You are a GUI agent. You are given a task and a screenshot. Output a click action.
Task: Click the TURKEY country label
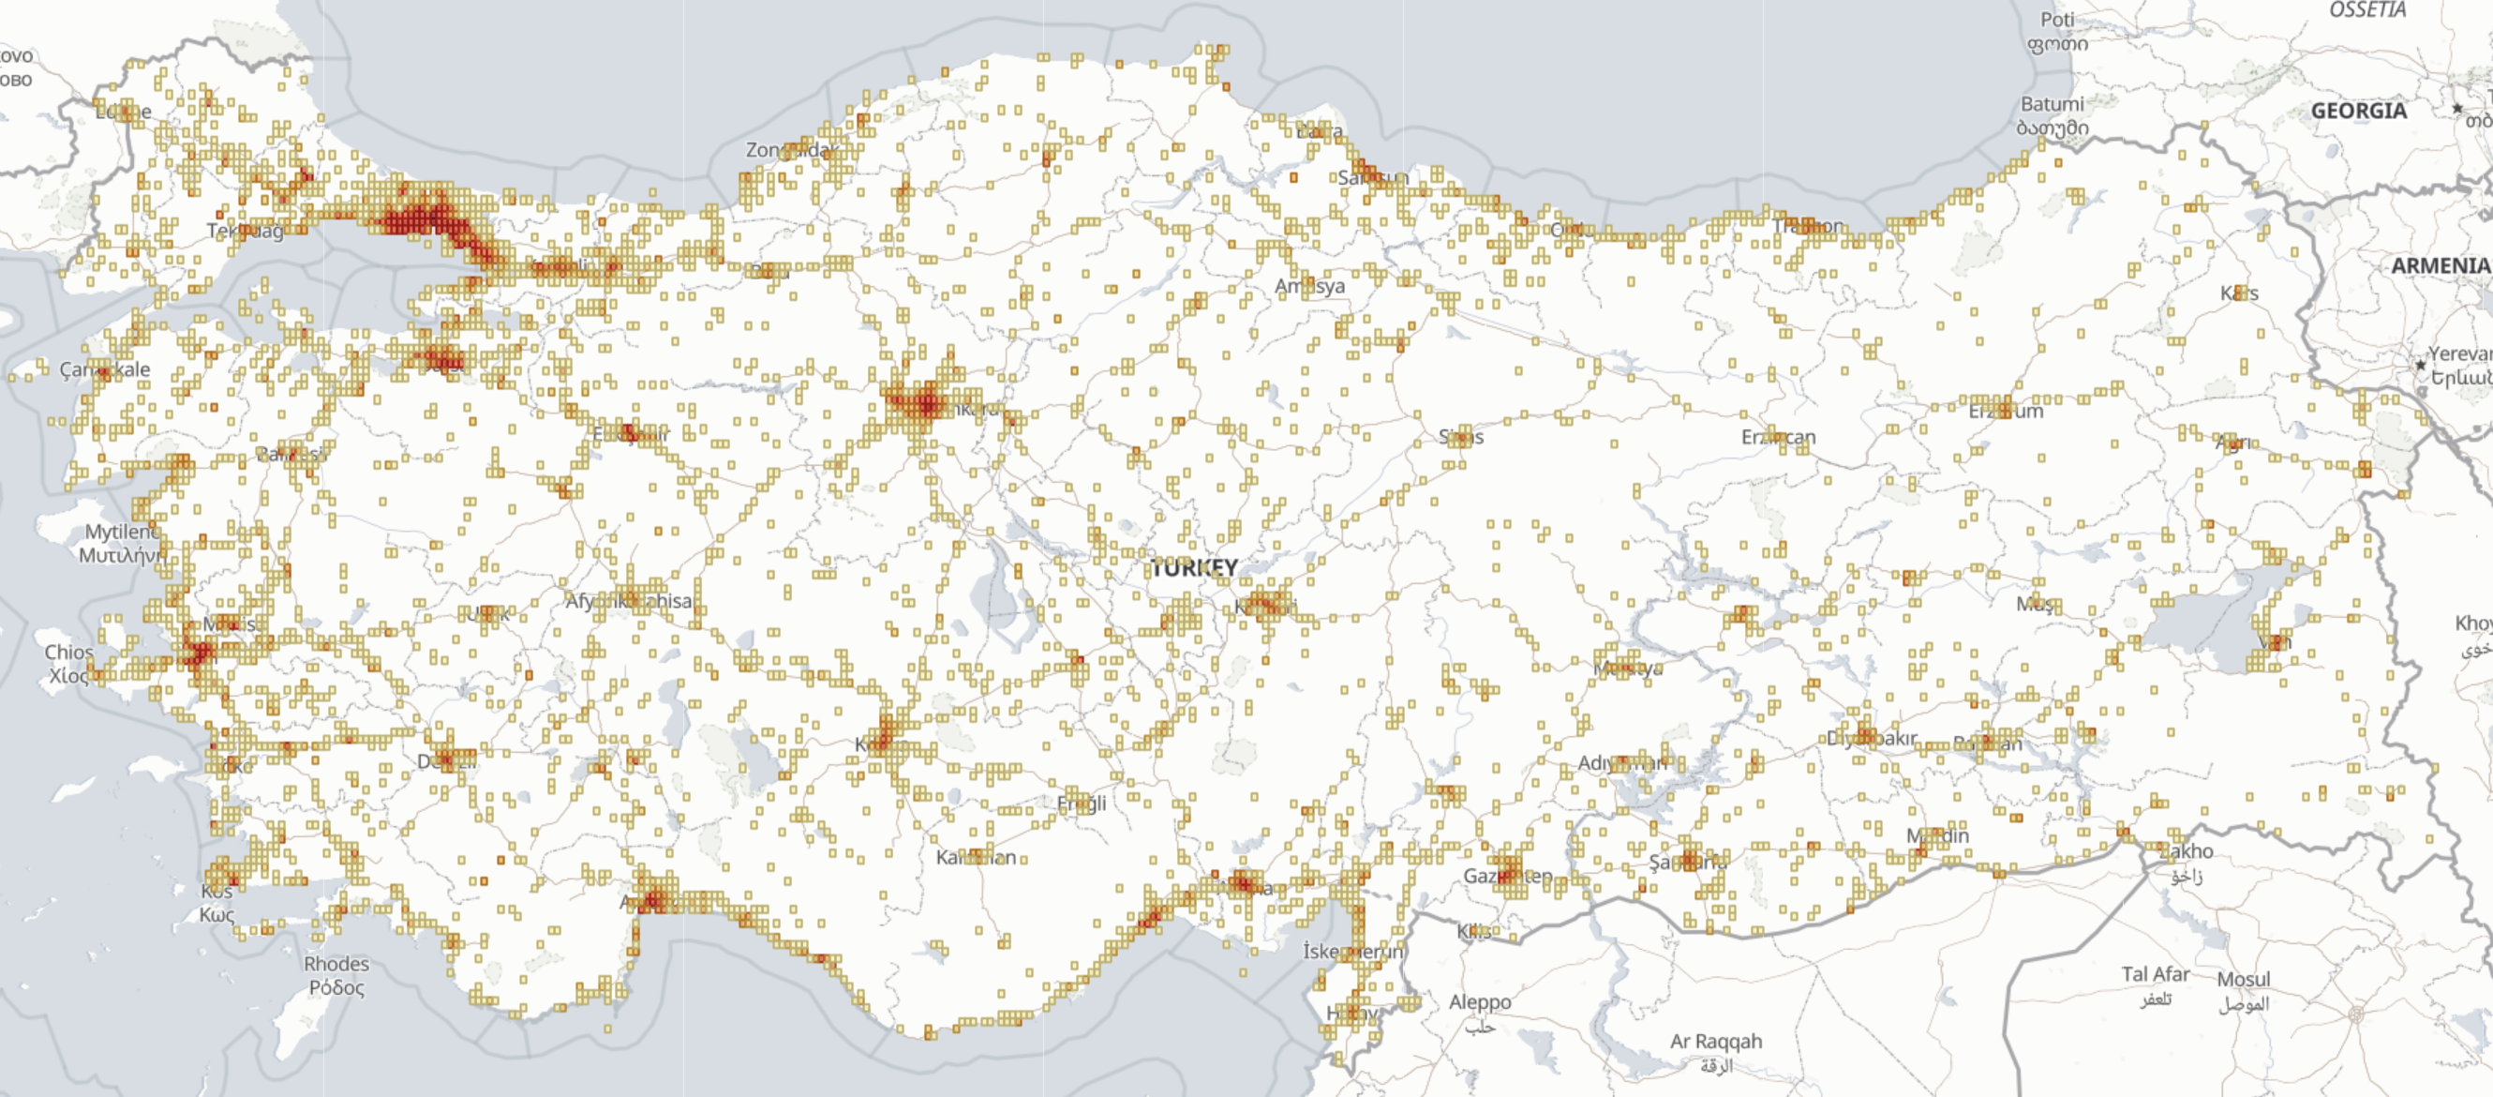pyautogui.click(x=1194, y=567)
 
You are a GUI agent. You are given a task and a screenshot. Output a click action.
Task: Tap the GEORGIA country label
pyautogui.click(x=2358, y=111)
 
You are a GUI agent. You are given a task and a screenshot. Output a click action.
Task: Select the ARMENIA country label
pyautogui.click(x=2440, y=265)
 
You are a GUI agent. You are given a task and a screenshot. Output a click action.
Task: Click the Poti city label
pyautogui.click(x=2056, y=21)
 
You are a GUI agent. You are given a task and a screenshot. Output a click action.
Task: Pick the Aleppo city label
pyautogui.click(x=1480, y=1002)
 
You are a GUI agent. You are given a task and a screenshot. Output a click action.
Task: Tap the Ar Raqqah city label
pyautogui.click(x=1716, y=1041)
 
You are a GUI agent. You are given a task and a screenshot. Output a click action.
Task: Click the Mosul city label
pyautogui.click(x=2244, y=979)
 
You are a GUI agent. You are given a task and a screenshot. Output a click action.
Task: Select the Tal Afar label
pyautogui.click(x=2156, y=974)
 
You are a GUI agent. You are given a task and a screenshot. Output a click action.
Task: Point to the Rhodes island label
pyautogui.click(x=336, y=963)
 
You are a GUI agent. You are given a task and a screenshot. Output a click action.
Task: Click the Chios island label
pyautogui.click(x=68, y=652)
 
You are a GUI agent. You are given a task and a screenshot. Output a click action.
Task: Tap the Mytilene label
pyautogui.click(x=122, y=532)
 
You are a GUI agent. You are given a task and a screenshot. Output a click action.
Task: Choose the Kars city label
pyautogui.click(x=2239, y=293)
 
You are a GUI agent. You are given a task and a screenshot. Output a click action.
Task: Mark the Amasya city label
pyautogui.click(x=1309, y=286)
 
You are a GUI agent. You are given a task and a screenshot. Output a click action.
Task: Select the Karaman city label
pyautogui.click(x=976, y=857)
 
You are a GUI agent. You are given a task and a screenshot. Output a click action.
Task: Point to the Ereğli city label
pyautogui.click(x=1081, y=804)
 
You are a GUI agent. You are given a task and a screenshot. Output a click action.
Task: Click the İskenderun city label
pyautogui.click(x=1352, y=951)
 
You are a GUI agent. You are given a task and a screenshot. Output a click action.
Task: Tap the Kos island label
pyautogui.click(x=216, y=891)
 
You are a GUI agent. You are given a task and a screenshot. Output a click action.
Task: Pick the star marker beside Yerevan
pyautogui.click(x=2421, y=365)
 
